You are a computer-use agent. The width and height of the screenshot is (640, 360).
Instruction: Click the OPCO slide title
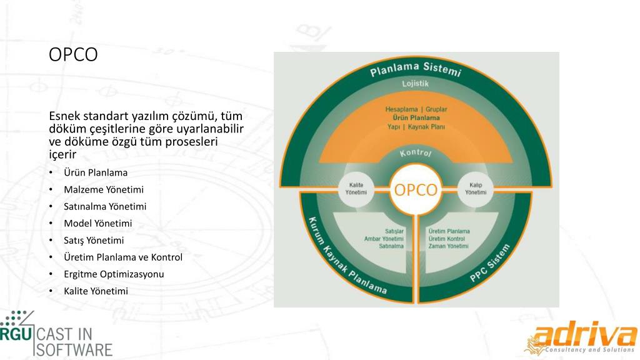(x=73, y=55)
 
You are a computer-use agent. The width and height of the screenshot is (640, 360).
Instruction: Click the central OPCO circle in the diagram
(x=416, y=189)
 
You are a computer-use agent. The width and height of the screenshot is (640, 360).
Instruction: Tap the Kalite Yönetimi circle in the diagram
(x=356, y=189)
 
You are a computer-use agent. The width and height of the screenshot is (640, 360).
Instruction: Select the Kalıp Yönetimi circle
(x=475, y=189)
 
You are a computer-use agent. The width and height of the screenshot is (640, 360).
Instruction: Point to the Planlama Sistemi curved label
(x=416, y=68)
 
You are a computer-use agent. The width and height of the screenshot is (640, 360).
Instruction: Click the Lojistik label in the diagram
(x=416, y=84)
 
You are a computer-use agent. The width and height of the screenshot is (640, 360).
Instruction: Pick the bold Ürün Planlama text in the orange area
(x=416, y=117)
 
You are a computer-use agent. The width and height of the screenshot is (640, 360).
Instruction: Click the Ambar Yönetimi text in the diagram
(x=384, y=239)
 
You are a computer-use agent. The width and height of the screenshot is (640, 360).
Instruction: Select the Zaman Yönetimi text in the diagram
(x=448, y=246)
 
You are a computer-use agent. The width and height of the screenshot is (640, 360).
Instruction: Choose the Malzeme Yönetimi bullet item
(x=103, y=189)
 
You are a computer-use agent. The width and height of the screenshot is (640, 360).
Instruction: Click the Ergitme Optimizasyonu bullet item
(x=114, y=274)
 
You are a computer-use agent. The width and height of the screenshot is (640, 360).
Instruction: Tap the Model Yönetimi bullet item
(x=97, y=223)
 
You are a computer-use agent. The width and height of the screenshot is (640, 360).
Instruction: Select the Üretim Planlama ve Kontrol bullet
(x=123, y=257)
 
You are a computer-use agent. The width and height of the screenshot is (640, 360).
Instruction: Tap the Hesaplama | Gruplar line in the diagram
(x=416, y=109)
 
